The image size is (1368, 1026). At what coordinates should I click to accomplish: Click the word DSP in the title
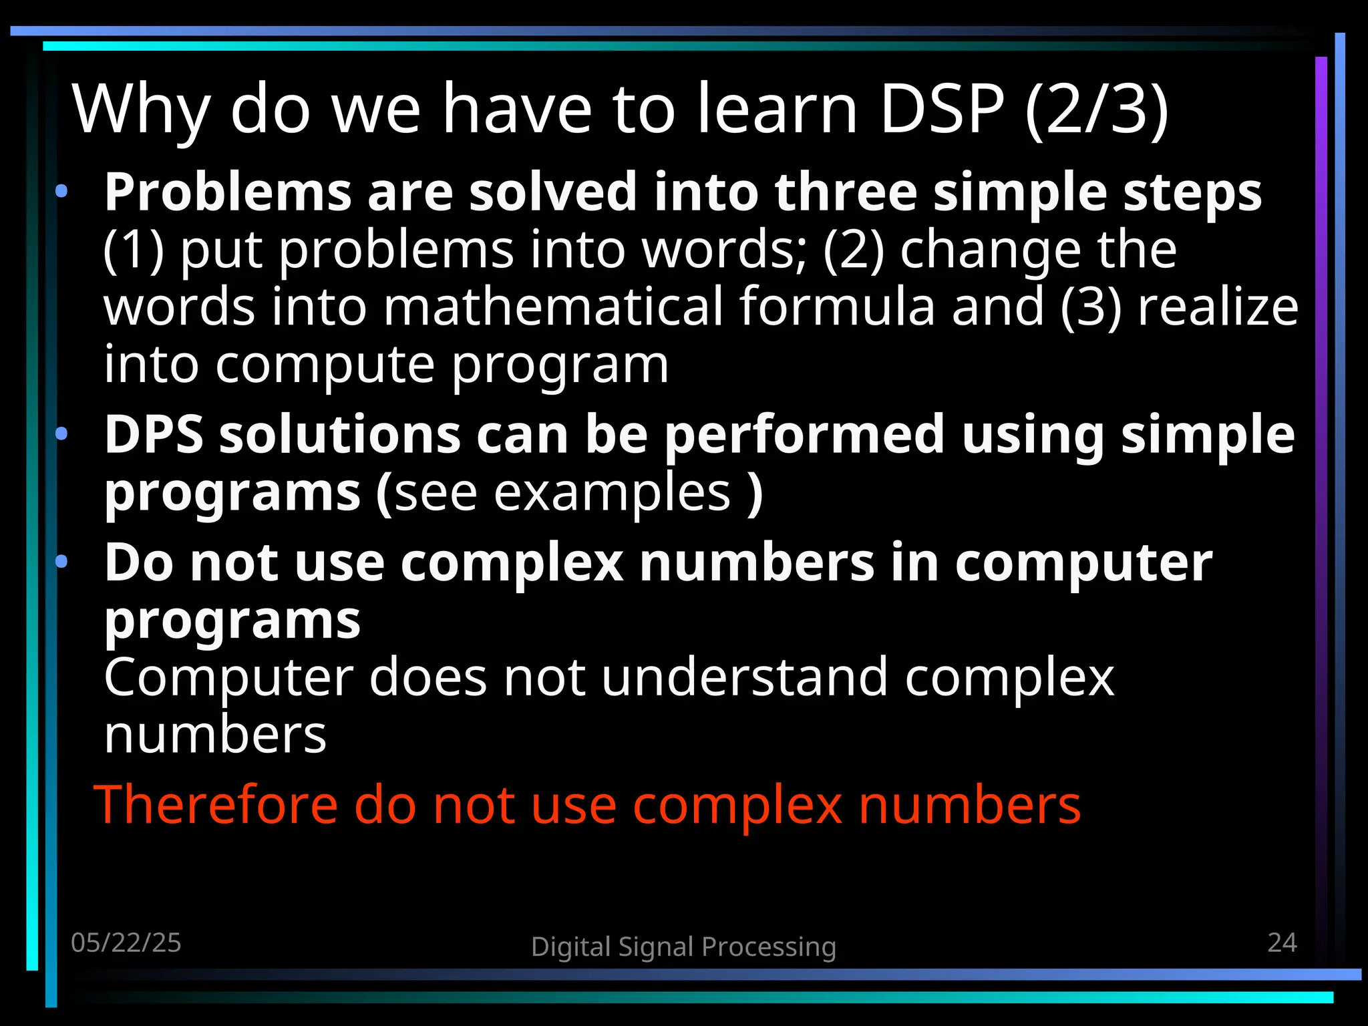[x=942, y=109]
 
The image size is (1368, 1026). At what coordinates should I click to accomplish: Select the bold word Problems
[x=228, y=192]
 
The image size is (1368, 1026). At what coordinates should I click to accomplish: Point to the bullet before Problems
[x=61, y=192]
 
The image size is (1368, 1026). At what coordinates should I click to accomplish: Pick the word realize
[x=1218, y=307]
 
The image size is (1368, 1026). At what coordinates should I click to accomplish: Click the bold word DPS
[x=154, y=435]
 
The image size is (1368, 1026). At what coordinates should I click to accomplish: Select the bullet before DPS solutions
[x=61, y=435]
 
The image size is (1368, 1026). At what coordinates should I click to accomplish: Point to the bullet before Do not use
[x=61, y=562]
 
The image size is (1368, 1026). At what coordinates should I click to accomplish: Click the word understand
[x=744, y=678]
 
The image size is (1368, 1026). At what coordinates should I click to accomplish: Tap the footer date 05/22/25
[x=126, y=943]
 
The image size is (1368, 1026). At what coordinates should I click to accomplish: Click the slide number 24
[x=1282, y=943]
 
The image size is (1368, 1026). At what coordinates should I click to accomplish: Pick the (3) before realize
[x=1091, y=307]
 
